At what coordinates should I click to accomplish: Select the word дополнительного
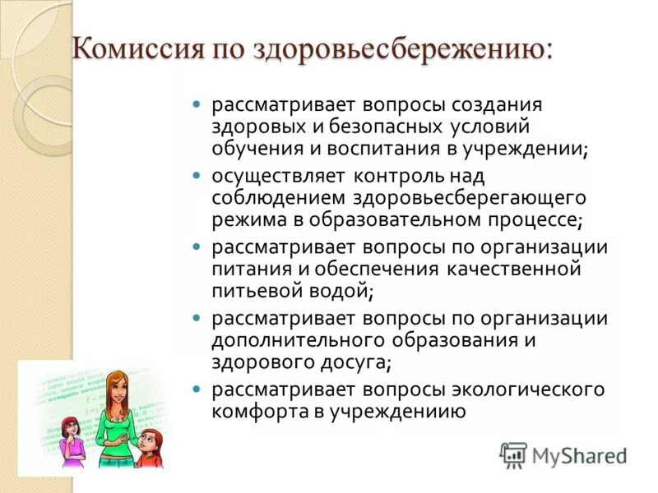click(x=304, y=339)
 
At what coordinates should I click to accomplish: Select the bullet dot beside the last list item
click(x=196, y=389)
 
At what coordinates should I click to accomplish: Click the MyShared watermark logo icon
click(x=513, y=454)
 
